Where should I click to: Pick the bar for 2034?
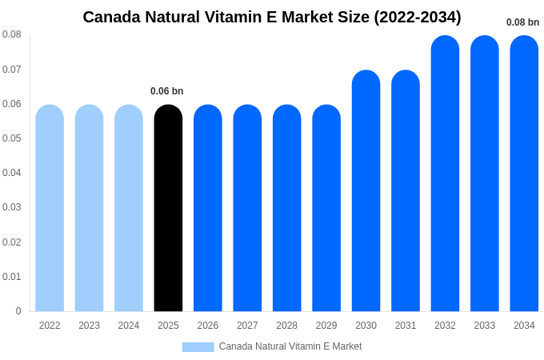tap(524, 174)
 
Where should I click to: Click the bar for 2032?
tap(445, 174)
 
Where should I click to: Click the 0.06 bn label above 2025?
tap(167, 91)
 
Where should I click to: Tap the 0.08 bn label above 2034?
tap(523, 22)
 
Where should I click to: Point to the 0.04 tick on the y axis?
tap(12, 173)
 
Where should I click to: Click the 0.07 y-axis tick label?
tap(12, 70)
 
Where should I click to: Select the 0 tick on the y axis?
tap(18, 311)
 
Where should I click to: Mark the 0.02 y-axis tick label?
tap(12, 242)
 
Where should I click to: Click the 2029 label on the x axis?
tap(326, 326)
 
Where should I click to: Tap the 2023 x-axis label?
tap(89, 326)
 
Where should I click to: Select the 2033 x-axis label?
tap(485, 326)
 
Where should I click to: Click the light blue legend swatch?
tap(198, 347)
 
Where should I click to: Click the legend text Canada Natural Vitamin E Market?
tap(290, 346)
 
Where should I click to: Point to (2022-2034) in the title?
tap(418, 17)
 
